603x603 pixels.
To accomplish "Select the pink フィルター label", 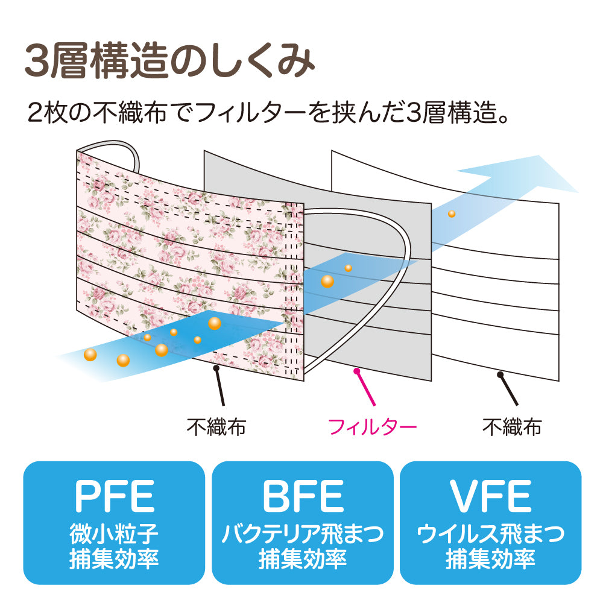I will (372, 427).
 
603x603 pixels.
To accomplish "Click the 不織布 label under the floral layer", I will (216, 427).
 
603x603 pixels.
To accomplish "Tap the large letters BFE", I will (303, 496).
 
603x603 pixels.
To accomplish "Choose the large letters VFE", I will (490, 496).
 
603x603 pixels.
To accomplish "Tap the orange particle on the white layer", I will (452, 213).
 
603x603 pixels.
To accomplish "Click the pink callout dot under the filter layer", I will (356, 371).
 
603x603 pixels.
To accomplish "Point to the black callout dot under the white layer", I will (500, 375).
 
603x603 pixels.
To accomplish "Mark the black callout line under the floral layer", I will (219, 386).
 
